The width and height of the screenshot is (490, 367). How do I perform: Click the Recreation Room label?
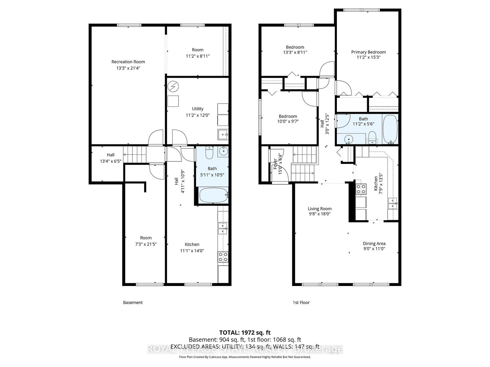(128, 62)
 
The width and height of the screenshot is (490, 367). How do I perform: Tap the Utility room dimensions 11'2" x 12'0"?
(198, 115)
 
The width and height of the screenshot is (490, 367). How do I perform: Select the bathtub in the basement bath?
(213, 195)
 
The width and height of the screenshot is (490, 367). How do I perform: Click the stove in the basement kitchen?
(223, 257)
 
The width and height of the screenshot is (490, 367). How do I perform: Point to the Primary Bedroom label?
(368, 52)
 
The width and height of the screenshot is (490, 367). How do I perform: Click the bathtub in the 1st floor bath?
(390, 129)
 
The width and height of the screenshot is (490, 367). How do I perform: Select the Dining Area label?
(374, 243)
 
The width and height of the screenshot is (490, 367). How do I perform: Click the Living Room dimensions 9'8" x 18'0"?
(319, 214)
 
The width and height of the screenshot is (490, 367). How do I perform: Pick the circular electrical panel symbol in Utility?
(173, 86)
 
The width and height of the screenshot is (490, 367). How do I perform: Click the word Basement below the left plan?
(133, 302)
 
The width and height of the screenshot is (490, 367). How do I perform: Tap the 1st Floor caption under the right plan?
(301, 302)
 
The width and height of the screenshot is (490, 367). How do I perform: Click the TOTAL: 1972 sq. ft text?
(245, 332)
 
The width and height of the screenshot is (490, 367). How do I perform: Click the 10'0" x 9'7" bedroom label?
(288, 119)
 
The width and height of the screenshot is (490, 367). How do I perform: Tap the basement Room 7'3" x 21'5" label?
(146, 241)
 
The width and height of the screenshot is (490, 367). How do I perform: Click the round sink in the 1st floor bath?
(349, 140)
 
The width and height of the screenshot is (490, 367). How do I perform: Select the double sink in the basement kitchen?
(223, 228)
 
